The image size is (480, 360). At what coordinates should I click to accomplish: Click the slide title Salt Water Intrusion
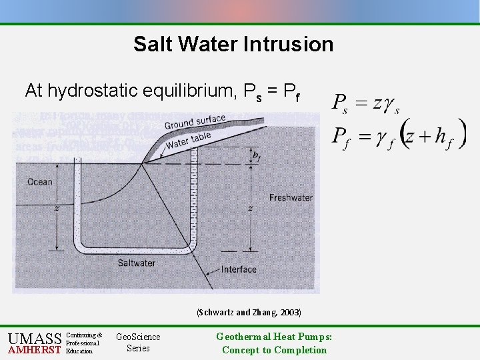click(x=233, y=44)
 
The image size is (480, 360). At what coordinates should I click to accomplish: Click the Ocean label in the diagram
click(x=40, y=182)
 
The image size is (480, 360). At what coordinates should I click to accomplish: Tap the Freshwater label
click(x=290, y=197)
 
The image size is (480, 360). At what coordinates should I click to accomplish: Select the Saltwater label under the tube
click(x=137, y=263)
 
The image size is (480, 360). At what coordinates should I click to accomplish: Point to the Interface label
click(x=239, y=269)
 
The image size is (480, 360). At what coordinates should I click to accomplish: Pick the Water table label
click(x=188, y=141)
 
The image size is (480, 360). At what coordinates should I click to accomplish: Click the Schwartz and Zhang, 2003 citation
click(x=248, y=312)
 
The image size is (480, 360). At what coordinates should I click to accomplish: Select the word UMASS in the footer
click(x=35, y=338)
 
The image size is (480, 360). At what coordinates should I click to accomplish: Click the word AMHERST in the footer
click(x=34, y=351)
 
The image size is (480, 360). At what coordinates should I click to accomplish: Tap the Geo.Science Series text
click(x=138, y=343)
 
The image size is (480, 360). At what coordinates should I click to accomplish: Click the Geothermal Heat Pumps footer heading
click(x=274, y=337)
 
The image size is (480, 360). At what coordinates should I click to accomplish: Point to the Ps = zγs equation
click(x=366, y=104)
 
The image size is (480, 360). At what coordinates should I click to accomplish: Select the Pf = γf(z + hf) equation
click(x=399, y=137)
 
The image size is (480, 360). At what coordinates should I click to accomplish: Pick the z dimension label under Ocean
click(x=58, y=209)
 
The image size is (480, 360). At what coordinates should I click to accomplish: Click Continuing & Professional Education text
click(x=85, y=343)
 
